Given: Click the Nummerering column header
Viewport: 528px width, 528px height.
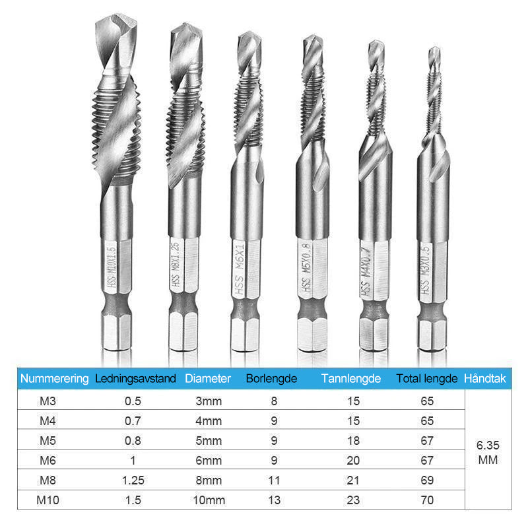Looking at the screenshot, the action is coord(55,378).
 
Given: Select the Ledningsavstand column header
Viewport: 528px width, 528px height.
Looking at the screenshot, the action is coord(135,378).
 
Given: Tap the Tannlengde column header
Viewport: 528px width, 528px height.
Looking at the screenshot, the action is coord(351,378).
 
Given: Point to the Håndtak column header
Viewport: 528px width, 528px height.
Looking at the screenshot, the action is coord(485,378).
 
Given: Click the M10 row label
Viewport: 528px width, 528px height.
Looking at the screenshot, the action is coord(48,500).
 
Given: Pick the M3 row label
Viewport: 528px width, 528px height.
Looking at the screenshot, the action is coord(48,401).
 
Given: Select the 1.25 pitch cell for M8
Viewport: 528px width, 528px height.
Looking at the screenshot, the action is coord(133,480).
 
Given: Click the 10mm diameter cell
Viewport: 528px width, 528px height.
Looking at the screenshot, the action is coord(209,500).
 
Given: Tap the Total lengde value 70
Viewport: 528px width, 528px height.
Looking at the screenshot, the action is coord(427,500).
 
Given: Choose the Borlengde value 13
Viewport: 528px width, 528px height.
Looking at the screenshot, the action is coord(274,500).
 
